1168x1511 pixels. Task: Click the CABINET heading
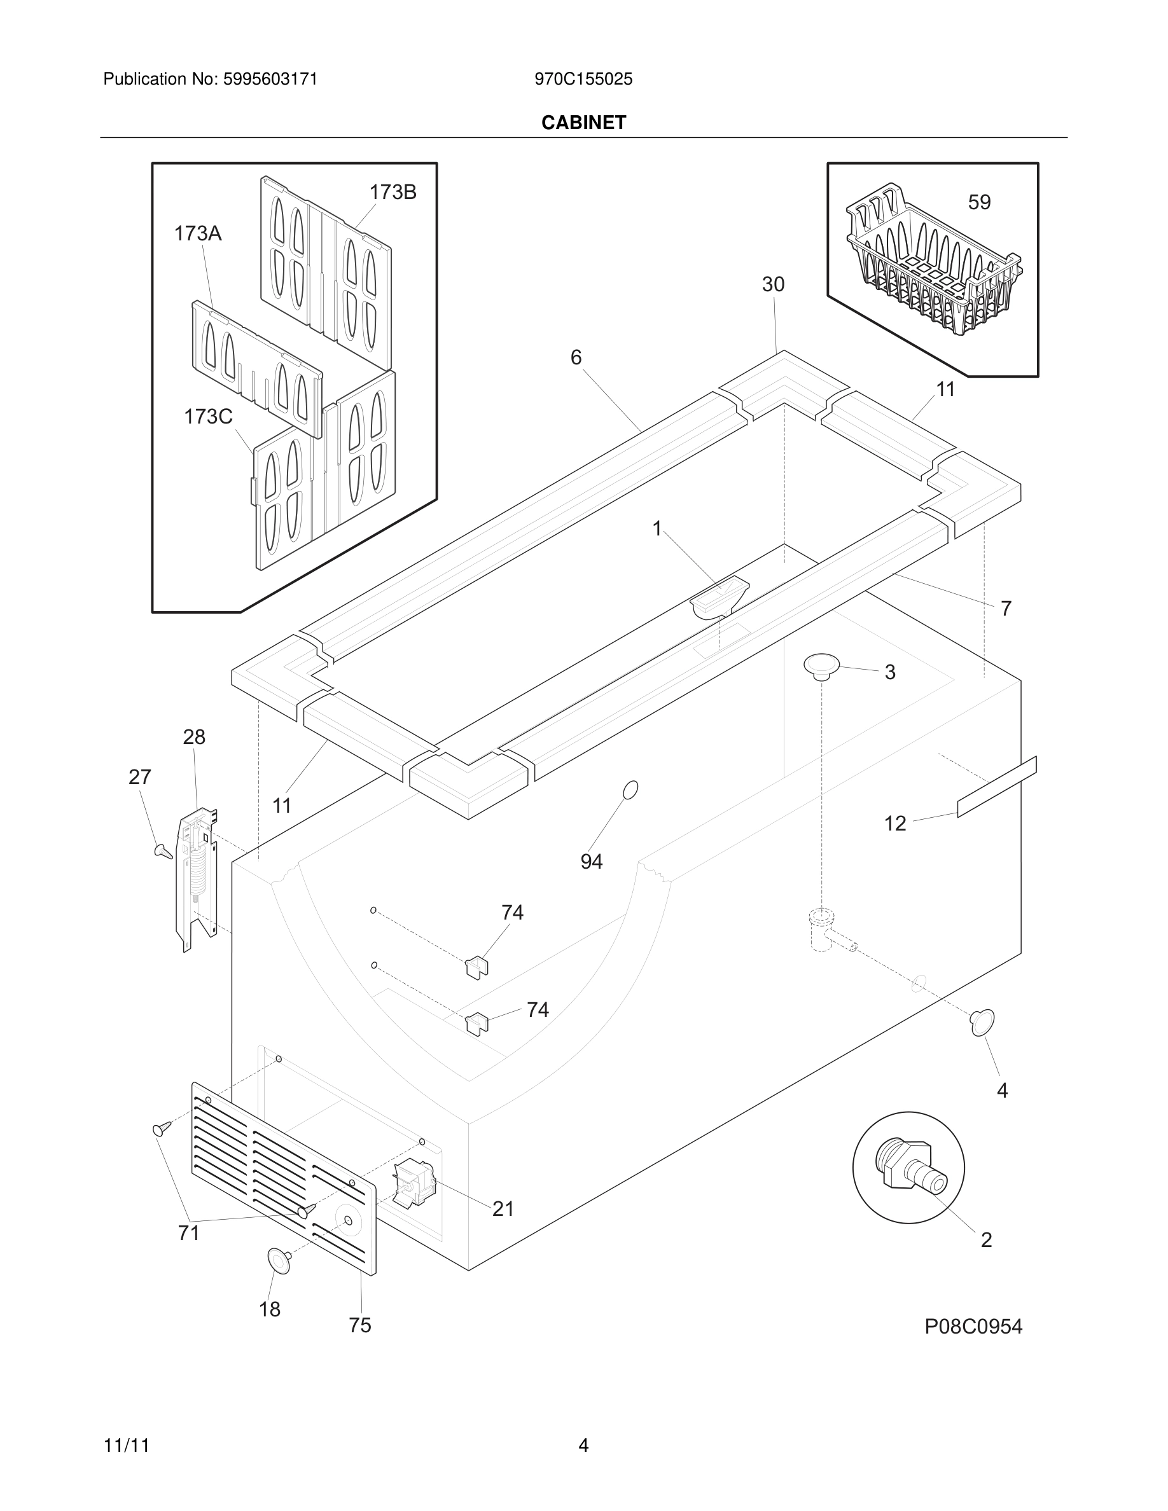point(583,123)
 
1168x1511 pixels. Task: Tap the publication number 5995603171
point(270,79)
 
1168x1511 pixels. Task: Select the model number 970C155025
point(583,79)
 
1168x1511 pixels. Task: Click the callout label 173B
point(393,192)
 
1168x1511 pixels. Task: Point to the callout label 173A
point(197,234)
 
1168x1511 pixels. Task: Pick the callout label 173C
point(207,417)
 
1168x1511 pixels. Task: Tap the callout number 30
point(773,284)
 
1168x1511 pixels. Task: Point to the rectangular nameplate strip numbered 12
point(996,787)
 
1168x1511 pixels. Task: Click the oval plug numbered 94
point(630,789)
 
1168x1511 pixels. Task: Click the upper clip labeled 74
point(476,965)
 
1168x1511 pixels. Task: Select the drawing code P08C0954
point(973,1327)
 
